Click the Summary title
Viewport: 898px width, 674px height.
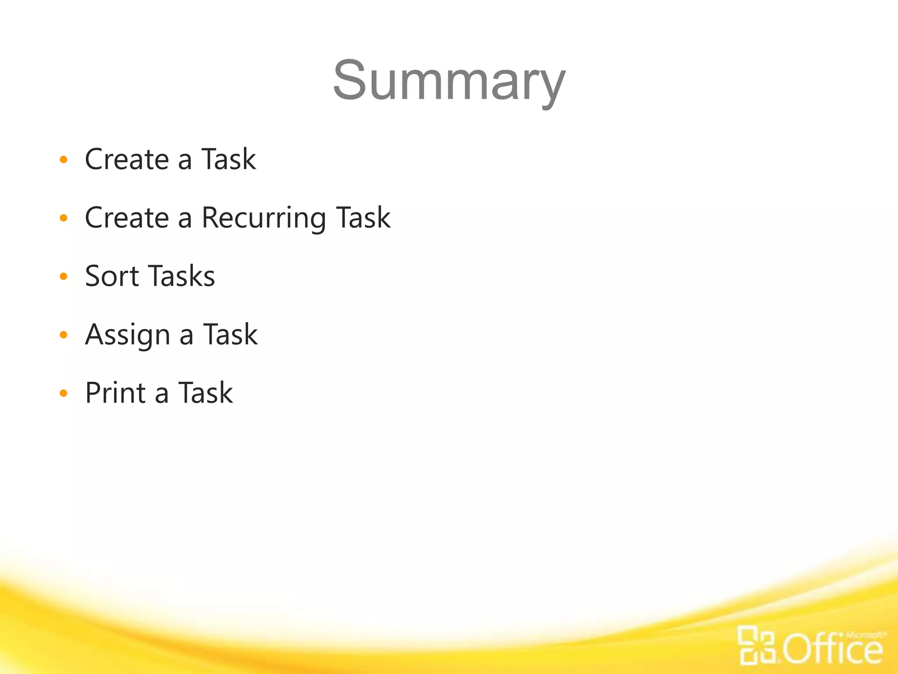[x=449, y=82]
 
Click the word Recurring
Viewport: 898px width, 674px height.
[x=264, y=218]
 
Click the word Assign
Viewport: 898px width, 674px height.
[x=128, y=335]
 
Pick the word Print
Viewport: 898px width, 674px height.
[x=115, y=393]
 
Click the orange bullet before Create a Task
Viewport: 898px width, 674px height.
[x=64, y=159]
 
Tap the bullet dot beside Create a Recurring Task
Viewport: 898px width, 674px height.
[x=64, y=218]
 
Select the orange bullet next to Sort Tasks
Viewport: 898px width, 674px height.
[x=64, y=276]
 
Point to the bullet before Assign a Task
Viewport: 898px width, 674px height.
[x=64, y=335]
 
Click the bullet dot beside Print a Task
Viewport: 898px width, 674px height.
[x=64, y=393]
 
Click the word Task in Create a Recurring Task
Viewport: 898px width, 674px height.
[x=363, y=218]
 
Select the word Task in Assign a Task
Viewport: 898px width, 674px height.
[x=230, y=335]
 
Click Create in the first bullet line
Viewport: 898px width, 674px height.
[x=127, y=159]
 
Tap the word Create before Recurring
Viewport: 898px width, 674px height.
[x=127, y=218]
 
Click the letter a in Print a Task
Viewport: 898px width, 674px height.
[x=162, y=394]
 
